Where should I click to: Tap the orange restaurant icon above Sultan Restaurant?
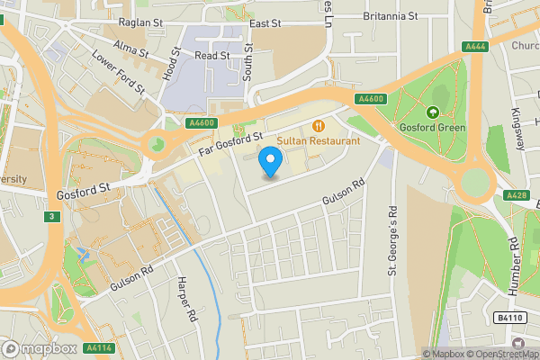[318, 125]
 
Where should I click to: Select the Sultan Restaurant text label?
[318, 141]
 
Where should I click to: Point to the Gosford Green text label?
[433, 127]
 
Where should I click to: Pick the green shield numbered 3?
[53, 217]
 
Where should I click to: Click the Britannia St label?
[390, 16]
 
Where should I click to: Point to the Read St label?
[212, 55]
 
